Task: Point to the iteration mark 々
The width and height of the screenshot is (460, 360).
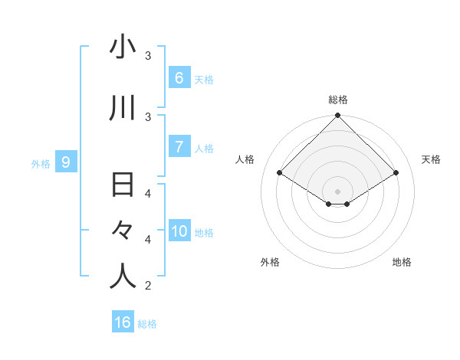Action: coord(123,231)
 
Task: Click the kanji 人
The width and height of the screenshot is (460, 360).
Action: coord(123,276)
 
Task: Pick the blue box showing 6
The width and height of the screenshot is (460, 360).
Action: coord(179,78)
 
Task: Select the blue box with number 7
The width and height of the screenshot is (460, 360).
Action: coord(179,147)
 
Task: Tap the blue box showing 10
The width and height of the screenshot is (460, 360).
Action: coord(179,232)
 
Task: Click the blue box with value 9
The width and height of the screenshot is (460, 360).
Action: coord(67,162)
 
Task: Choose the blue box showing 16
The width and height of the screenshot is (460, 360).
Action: coord(123,322)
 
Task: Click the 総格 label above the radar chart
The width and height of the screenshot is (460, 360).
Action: coord(338,100)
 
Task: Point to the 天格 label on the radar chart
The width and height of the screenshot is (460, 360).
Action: coord(432,159)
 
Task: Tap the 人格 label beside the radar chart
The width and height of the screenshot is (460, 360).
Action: coord(245,159)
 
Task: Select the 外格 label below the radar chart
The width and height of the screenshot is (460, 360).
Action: coord(270,262)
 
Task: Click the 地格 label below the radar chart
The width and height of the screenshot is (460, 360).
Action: coord(402,262)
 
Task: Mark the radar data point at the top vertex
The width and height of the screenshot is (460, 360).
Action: coord(338,116)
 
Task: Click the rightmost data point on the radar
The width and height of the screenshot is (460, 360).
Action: coord(396,173)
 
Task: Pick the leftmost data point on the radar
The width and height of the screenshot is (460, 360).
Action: coord(280,173)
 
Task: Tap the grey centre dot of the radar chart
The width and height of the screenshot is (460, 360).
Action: coord(338,191)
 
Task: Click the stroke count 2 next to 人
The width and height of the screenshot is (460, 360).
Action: coord(148,286)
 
